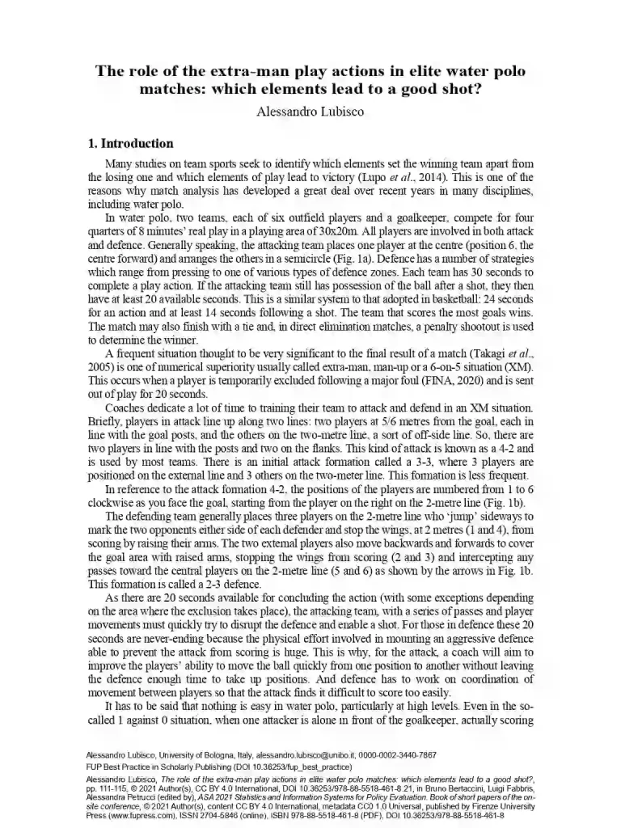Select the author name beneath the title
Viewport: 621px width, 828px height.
310,112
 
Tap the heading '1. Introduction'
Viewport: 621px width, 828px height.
130,144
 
